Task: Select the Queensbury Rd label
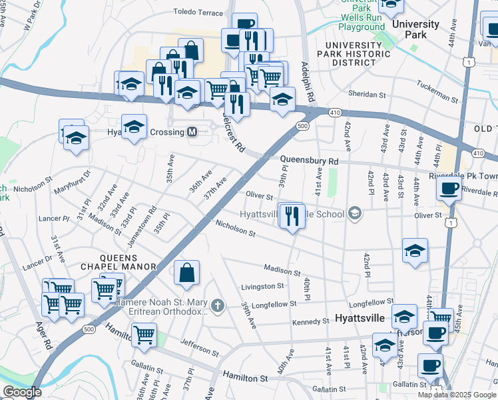(309, 161)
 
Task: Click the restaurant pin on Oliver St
(292, 216)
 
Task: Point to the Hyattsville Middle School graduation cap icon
(356, 214)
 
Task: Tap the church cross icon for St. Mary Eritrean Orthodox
(216, 306)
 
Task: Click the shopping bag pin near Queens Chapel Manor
(187, 272)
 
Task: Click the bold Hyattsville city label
(360, 319)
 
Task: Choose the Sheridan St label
(368, 95)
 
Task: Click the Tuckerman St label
(438, 92)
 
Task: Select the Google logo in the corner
(22, 392)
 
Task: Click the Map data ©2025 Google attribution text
(457, 395)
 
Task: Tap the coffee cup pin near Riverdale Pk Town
(450, 189)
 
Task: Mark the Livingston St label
(262, 286)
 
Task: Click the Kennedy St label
(311, 322)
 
